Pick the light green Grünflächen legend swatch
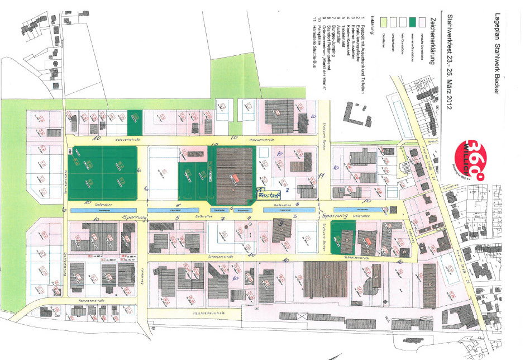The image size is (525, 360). click(383, 21)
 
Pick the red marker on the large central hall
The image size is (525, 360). click(236, 177)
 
